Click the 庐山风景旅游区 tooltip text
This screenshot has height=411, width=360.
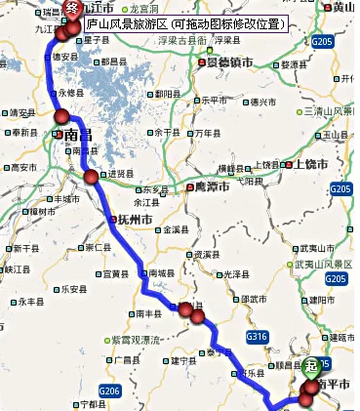coord(185,21)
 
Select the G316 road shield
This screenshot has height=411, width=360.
coord(258,337)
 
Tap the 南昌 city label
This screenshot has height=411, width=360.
coord(77,137)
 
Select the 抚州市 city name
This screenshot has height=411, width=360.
coord(135,220)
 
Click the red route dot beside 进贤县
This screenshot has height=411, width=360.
coord(91,177)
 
